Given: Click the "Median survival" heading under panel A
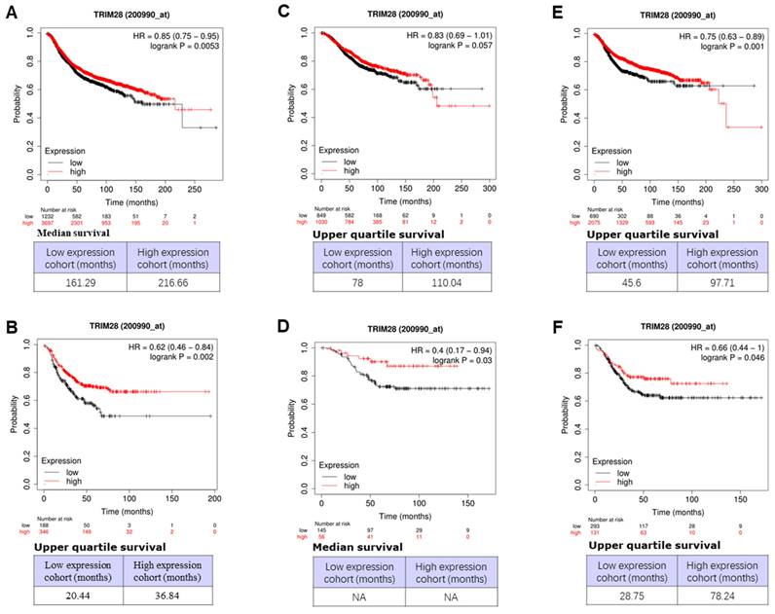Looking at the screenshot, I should tap(74, 234).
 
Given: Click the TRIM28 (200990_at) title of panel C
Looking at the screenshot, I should tap(403, 13).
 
